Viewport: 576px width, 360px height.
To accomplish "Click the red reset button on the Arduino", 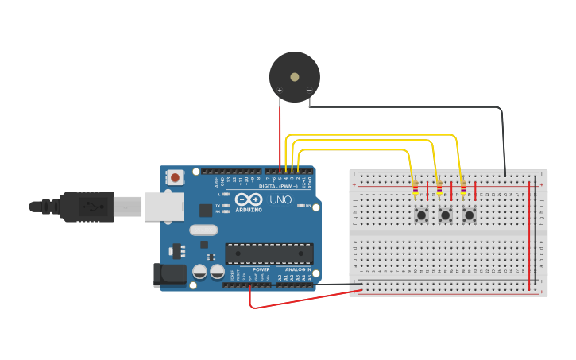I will point(174,176).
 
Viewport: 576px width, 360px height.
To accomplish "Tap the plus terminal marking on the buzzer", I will point(279,91).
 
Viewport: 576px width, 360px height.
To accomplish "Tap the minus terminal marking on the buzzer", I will point(309,91).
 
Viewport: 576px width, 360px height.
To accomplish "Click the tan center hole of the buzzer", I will point(295,77).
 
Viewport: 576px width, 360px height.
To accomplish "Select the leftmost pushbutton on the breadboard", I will point(421,215).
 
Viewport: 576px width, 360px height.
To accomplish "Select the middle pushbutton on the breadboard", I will point(446,215).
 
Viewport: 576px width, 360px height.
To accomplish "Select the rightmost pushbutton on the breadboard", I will point(470,215).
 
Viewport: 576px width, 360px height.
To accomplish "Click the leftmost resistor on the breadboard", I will point(415,189).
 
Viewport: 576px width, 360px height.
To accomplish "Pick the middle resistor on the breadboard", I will point(439,189).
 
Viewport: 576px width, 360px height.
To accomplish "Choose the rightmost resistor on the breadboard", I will point(463,189).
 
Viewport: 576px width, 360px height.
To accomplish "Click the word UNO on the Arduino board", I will point(281,199).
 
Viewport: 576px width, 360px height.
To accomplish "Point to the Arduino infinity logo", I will point(249,199).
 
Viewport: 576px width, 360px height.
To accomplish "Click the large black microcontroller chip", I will point(269,254).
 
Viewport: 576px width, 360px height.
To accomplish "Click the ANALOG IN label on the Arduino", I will point(296,269).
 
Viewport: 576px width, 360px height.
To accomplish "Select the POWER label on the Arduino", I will point(261,269).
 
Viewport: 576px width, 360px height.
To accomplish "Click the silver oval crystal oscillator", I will point(203,230).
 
